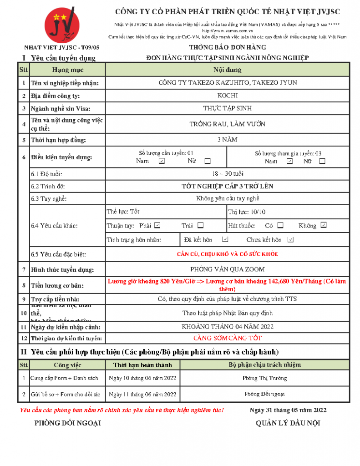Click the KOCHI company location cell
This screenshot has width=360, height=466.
228,96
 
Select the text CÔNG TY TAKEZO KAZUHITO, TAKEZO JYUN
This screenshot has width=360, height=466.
228,83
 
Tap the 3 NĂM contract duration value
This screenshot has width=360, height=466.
228,140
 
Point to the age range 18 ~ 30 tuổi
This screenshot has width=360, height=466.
228,174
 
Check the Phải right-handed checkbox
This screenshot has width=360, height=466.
157,225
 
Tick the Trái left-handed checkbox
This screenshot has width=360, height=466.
201,225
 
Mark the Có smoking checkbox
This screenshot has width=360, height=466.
280,225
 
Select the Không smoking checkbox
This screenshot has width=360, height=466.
324,225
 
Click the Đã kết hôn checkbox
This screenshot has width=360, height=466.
225,239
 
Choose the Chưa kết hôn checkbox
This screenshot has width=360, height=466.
291,239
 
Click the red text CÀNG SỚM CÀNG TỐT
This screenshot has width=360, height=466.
228,338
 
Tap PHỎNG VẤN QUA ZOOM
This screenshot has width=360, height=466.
228,269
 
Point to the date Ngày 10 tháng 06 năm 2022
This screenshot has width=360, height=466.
143,378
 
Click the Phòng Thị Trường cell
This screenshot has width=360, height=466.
265,378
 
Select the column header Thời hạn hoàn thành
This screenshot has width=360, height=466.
143,365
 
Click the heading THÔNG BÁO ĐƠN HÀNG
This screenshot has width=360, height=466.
228,47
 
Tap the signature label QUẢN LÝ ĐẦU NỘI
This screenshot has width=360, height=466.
288,423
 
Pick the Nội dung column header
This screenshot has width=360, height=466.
228,70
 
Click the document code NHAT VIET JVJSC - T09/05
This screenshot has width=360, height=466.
61,47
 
